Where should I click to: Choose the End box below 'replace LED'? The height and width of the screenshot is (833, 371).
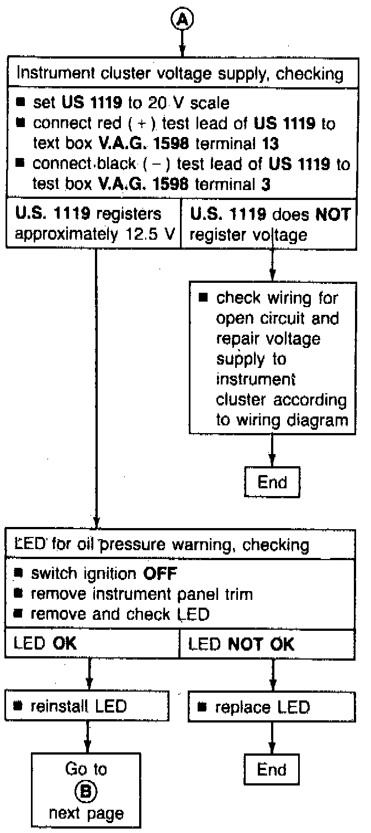coord(272,769)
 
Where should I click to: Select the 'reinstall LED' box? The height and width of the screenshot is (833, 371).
coord(87,707)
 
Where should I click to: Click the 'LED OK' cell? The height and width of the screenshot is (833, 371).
coord(91,644)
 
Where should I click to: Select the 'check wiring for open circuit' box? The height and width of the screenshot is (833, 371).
coord(272,359)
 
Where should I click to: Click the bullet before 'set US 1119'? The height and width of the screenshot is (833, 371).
coord(22,102)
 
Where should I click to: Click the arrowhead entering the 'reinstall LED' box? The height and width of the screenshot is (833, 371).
coord(87,690)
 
